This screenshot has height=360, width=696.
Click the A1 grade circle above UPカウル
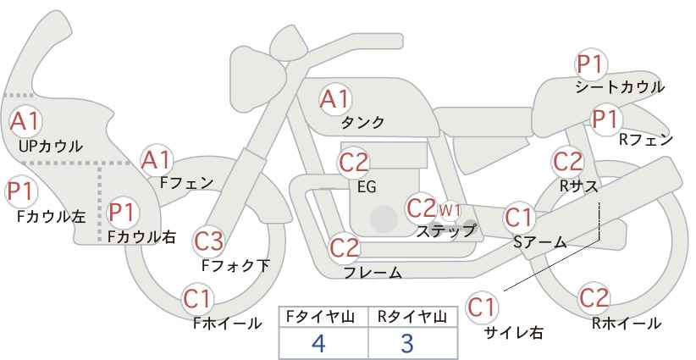(25, 121)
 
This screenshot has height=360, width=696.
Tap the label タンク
(362, 123)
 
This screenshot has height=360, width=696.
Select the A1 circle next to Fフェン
(156, 159)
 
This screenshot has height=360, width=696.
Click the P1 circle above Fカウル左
(19, 191)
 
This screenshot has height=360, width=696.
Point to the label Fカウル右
(141, 237)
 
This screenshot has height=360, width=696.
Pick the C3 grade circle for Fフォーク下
(208, 241)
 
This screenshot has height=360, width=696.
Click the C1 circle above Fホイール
(198, 298)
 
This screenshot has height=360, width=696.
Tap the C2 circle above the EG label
(354, 162)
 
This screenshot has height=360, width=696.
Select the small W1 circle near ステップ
(450, 209)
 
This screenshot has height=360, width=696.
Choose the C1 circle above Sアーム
(519, 218)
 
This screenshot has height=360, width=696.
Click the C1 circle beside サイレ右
(482, 307)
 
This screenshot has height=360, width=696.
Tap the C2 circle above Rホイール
(594, 298)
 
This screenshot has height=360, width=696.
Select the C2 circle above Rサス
(567, 161)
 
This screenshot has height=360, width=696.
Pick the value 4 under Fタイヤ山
(318, 343)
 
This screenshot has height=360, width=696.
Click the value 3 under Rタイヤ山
(407, 343)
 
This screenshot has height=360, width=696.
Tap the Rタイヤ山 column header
(412, 316)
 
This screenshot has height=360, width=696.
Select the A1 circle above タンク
(334, 98)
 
